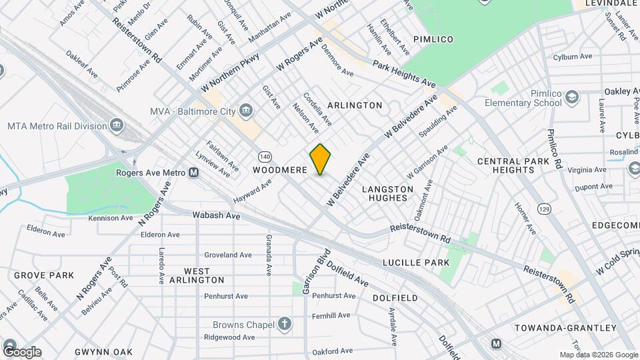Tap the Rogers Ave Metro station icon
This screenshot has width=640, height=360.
194,173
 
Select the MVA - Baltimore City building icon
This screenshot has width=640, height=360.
246,110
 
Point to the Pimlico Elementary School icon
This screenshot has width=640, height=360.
572,98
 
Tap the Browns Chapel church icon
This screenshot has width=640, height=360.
285,325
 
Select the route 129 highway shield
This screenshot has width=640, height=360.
545,209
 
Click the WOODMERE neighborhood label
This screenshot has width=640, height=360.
280,170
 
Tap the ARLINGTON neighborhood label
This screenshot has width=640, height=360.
355,105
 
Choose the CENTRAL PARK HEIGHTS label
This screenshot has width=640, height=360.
515,165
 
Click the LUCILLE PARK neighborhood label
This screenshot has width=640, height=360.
416,263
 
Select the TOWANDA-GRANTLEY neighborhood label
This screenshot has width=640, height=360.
565,327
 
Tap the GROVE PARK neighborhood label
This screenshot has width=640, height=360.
44,275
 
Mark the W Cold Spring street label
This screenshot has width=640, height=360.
617,261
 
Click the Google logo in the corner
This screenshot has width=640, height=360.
22,352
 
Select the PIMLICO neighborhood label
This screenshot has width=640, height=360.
433,39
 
